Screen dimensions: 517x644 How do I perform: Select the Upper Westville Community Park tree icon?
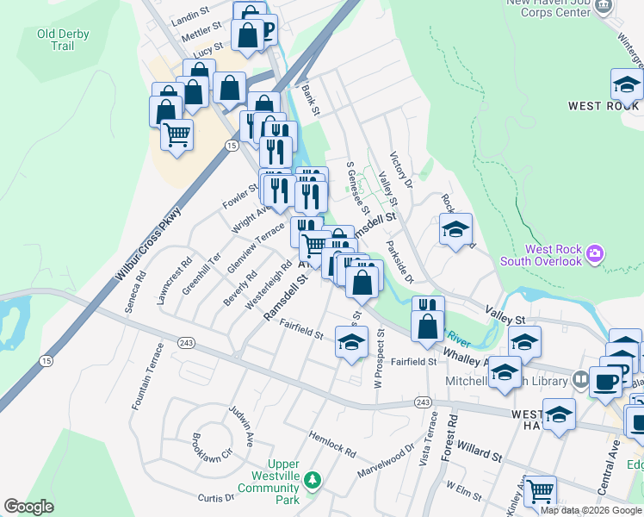[x=313, y=479]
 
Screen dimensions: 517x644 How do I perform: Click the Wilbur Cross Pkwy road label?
[x=148, y=246]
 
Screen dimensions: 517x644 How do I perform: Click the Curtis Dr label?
[x=216, y=498]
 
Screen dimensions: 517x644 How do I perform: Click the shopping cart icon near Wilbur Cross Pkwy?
[x=176, y=134]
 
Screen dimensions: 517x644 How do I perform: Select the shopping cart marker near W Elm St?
[x=541, y=491]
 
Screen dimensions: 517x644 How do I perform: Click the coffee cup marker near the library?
[x=605, y=380]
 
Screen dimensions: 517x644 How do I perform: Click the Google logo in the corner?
[x=28, y=507]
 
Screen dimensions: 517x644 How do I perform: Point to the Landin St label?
[x=191, y=14]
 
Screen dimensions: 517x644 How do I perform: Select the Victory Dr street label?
[x=401, y=171]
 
